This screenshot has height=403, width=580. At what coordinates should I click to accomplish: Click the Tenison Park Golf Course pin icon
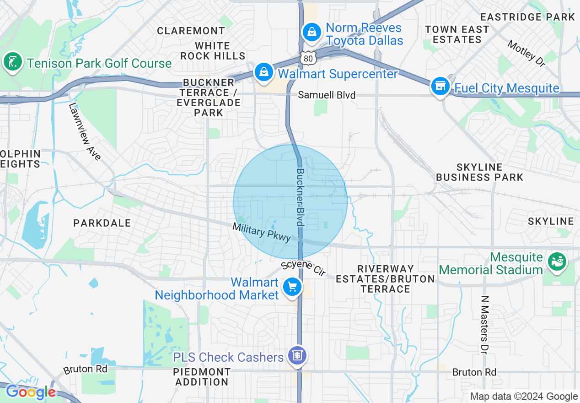(13, 62)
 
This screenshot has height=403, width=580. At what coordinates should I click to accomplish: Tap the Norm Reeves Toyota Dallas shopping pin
(311, 32)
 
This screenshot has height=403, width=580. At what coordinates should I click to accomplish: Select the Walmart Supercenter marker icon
(264, 72)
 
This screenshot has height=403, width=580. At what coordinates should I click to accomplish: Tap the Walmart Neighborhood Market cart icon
(292, 287)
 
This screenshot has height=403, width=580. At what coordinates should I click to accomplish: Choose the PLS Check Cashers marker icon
(297, 355)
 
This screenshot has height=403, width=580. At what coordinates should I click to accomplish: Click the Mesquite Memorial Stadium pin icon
(557, 262)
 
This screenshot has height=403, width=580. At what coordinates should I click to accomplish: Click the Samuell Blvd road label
(327, 95)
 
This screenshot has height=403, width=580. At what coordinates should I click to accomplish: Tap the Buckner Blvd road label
(300, 197)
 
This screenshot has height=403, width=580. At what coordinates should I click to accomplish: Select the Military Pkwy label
(261, 232)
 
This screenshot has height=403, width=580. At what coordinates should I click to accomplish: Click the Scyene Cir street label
(303, 268)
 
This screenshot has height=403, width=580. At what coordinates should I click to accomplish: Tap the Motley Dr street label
(527, 54)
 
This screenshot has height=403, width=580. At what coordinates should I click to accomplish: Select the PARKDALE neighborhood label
(102, 223)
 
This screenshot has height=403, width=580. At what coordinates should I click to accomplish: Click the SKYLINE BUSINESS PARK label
(479, 172)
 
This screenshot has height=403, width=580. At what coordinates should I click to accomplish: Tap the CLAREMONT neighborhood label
(191, 31)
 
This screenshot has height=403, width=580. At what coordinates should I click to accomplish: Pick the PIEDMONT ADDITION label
(202, 376)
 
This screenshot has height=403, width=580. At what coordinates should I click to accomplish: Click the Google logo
(31, 392)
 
